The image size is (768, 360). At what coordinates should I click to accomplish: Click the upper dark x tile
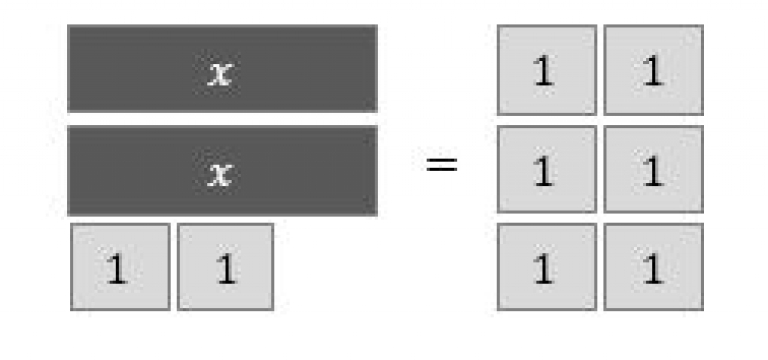click(222, 68)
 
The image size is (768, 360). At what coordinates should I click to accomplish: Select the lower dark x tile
click(222, 170)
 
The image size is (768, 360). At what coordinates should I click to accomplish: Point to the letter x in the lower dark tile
click(219, 174)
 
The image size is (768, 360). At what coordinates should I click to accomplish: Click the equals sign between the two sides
click(441, 163)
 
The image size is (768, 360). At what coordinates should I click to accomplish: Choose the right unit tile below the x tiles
click(225, 266)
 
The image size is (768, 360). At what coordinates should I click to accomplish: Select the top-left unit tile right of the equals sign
click(546, 69)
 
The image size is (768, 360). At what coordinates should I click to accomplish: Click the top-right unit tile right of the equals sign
click(653, 69)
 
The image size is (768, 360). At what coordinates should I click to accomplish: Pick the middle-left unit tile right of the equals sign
click(546, 169)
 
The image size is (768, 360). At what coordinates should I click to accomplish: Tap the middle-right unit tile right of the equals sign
click(653, 169)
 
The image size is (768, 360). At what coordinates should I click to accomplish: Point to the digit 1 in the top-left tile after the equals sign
click(543, 73)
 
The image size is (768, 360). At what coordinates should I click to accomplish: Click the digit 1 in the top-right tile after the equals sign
click(652, 73)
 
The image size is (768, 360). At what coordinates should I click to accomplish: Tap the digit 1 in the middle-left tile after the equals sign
click(543, 172)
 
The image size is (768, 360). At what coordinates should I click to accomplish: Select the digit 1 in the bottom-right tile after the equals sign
click(652, 270)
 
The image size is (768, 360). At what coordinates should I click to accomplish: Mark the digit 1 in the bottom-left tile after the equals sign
click(543, 270)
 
